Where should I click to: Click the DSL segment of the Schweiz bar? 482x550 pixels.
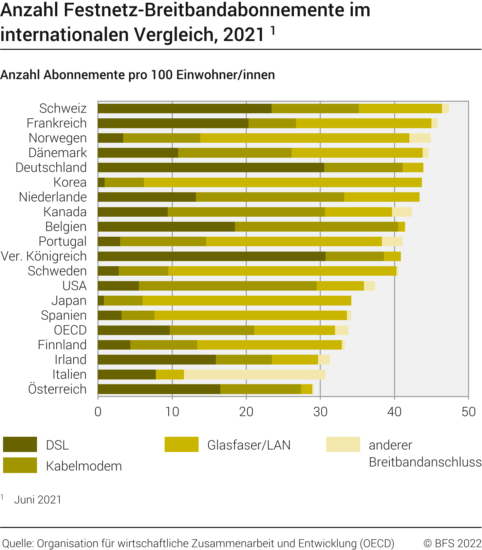[184, 109]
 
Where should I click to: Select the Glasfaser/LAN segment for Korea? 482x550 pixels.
[283, 182]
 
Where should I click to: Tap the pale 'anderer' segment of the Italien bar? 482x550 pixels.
[255, 375]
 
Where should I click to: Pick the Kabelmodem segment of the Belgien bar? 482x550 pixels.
[316, 227]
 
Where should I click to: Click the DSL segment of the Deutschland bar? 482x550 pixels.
[211, 168]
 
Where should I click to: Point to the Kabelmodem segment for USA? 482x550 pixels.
[227, 286]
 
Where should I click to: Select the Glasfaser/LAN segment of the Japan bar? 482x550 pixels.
[247, 301]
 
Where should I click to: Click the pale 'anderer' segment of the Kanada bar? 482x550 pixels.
[402, 212]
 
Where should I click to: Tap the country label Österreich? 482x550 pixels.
[57, 389]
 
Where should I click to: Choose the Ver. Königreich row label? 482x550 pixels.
[44, 256]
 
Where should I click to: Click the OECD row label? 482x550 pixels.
[70, 330]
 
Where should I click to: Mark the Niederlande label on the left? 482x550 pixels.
[53, 197]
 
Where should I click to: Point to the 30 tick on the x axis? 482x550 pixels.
[320, 412]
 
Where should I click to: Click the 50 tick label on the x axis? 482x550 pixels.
[468, 412]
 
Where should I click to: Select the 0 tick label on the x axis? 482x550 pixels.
[98, 412]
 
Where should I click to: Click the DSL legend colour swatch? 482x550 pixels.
[20, 445]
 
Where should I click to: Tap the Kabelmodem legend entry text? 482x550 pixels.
[84, 466]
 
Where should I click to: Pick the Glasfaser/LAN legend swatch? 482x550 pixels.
[181, 445]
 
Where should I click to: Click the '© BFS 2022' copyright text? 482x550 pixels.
[452, 543]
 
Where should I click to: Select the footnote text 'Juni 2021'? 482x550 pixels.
[38, 500]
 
